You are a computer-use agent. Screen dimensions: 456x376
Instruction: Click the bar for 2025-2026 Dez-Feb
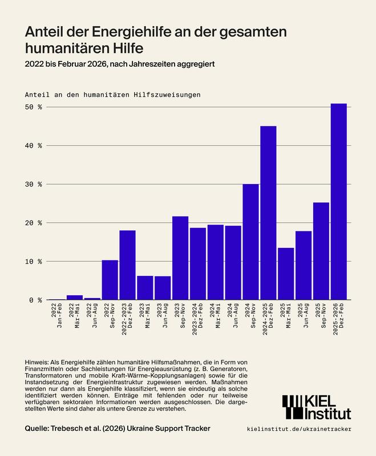pyautogui.click(x=339, y=202)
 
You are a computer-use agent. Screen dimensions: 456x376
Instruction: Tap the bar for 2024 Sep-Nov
pyautogui.click(x=250, y=242)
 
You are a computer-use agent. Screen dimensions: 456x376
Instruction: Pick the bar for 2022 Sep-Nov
pyautogui.click(x=110, y=280)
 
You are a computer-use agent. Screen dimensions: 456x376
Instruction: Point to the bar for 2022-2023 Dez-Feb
pyautogui.click(x=127, y=265)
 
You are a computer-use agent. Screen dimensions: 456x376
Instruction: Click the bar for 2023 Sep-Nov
pyautogui.click(x=180, y=258)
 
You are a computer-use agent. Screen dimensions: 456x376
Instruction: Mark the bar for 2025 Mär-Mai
pyautogui.click(x=286, y=274)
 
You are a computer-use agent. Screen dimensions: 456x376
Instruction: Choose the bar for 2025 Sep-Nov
pyautogui.click(x=321, y=251)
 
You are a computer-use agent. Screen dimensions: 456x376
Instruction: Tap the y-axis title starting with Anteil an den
pyautogui.click(x=113, y=93)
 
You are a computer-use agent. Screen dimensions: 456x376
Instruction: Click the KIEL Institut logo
pyautogui.click(x=317, y=405)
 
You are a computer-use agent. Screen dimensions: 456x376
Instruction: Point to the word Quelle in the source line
pyautogui.click(x=40, y=428)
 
